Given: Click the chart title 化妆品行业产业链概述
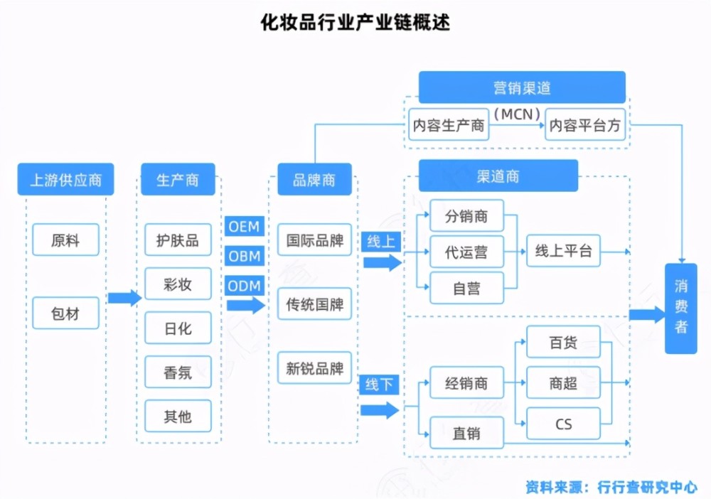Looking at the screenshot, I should click(x=355, y=22).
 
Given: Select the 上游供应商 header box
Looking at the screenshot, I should click(x=65, y=180).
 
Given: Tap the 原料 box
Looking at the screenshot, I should click(x=65, y=240).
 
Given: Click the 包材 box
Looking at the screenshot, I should click(x=65, y=313).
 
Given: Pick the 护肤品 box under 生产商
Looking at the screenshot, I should click(x=178, y=240).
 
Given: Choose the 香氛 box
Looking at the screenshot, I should click(x=178, y=372).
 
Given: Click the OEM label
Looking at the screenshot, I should click(x=245, y=227).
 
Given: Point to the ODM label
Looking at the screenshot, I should click(x=245, y=286).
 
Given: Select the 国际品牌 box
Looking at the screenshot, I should click(x=314, y=240).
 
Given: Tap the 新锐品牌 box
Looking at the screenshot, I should click(x=314, y=368).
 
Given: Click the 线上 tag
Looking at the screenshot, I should click(x=380, y=242).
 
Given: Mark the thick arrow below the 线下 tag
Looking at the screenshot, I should click(x=380, y=410).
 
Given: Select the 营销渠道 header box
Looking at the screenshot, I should click(x=522, y=87).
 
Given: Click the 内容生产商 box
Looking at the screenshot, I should click(x=449, y=126).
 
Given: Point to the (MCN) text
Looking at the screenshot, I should click(x=517, y=113).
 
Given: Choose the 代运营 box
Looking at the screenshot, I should click(x=466, y=252).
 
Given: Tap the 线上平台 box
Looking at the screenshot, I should click(x=563, y=251).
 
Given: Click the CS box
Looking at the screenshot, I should click(x=563, y=425).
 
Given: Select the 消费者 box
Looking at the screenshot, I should click(x=681, y=307).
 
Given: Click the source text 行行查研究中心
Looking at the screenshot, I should click(x=647, y=487).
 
